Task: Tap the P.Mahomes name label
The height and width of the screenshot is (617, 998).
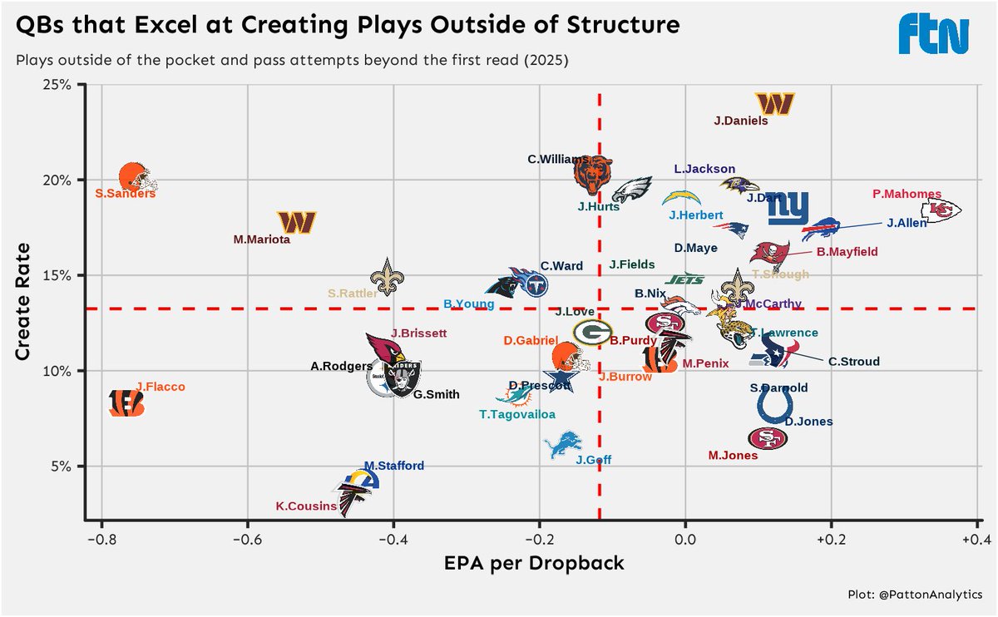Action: click(907, 194)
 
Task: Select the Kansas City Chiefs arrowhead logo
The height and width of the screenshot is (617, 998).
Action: click(946, 210)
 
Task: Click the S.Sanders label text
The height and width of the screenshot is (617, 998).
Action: click(126, 194)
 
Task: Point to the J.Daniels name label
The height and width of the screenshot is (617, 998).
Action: click(740, 121)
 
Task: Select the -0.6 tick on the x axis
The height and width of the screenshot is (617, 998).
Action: click(247, 538)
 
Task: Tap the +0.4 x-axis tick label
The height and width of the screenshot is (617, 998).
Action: click(976, 538)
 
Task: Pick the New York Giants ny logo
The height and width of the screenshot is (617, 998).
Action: click(787, 209)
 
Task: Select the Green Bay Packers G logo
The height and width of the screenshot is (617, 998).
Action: click(591, 333)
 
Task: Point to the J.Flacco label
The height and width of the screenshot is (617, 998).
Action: click(161, 387)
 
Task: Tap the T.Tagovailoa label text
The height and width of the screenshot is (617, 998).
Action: click(516, 414)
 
